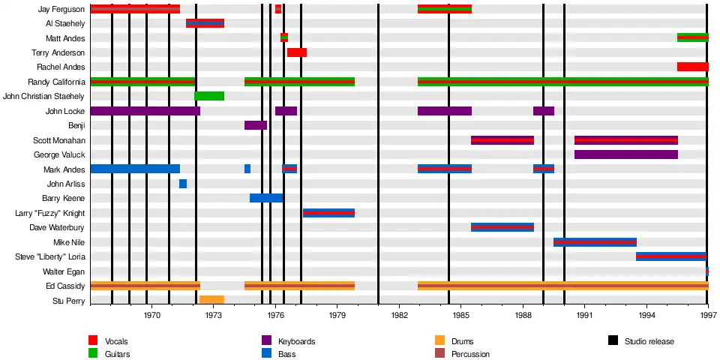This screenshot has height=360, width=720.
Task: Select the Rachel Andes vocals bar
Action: coord(692,67)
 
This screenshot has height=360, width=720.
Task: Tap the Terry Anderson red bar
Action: coord(296,52)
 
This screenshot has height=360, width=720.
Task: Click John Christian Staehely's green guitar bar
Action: coord(209,96)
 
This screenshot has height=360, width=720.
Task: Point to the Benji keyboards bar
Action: coord(255,125)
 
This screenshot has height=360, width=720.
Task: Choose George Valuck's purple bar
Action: coord(625,154)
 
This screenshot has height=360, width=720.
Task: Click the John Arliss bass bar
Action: coord(183,184)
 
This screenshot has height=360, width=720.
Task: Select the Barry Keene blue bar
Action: coord(266,198)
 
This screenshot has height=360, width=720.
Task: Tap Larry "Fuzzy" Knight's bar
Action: coord(328,213)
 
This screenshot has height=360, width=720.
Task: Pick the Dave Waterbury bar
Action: coord(502,227)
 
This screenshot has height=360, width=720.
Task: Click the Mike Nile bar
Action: coord(595,242)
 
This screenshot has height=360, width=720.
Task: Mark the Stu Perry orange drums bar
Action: coord(211,300)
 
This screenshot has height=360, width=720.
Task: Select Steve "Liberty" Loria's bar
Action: coord(670,256)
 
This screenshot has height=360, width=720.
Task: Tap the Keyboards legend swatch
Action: coord(266,341)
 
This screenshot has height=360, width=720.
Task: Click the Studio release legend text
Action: coord(649,341)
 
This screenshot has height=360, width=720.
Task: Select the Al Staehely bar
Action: coord(205,23)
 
